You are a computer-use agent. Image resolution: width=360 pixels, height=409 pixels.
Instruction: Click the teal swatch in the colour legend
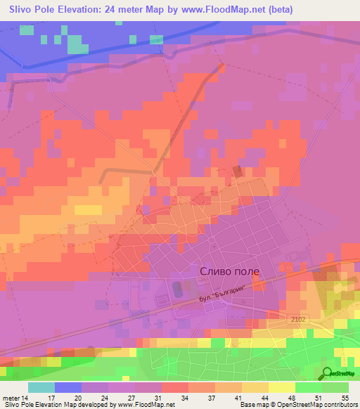pos(41,387)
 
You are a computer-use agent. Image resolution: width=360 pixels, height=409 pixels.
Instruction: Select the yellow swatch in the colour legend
pos(282,387)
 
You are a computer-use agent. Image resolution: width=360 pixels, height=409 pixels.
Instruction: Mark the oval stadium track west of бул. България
pos(176,288)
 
